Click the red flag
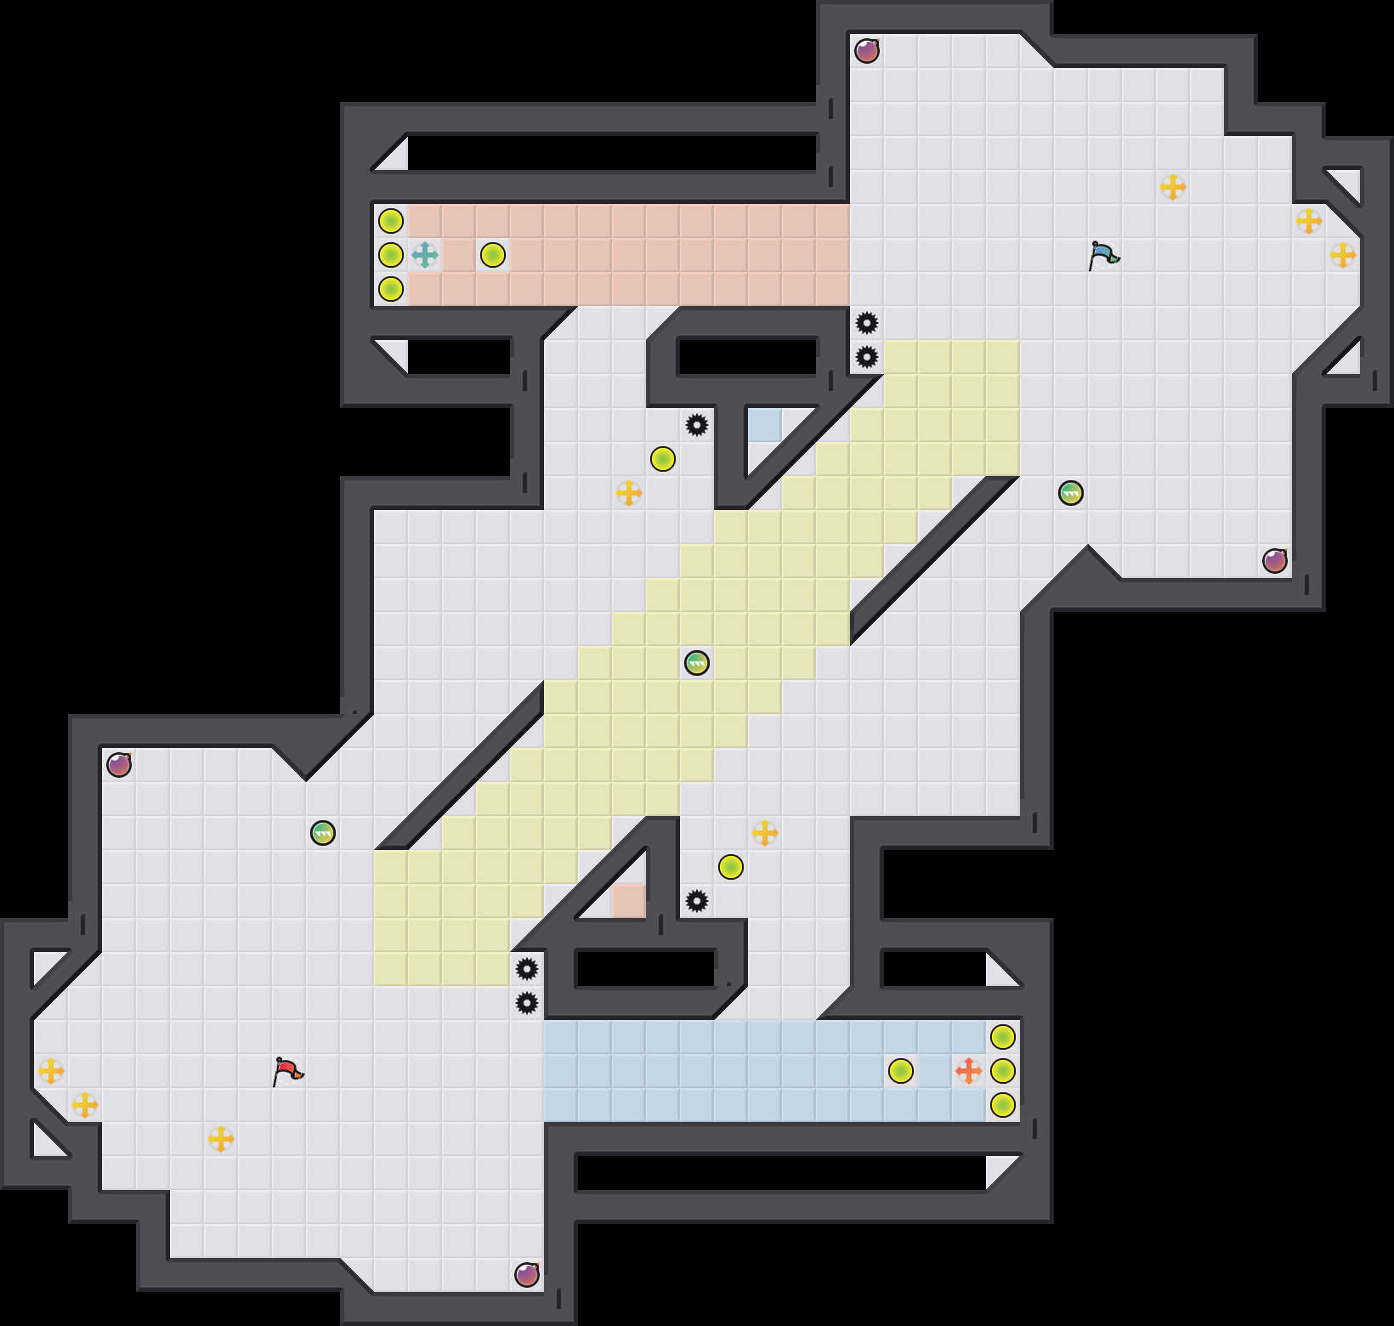pyautogui.click(x=287, y=1071)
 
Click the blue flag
pyautogui.click(x=1103, y=255)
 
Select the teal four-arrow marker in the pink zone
pyautogui.click(x=424, y=254)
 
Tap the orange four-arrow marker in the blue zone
pyautogui.click(x=968, y=1070)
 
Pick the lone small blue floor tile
pyautogui.click(x=764, y=424)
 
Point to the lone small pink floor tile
pyautogui.click(x=628, y=900)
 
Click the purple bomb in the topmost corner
pyautogui.click(x=866, y=51)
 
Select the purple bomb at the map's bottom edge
pyautogui.click(x=527, y=1275)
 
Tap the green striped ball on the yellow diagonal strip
pyautogui.click(x=696, y=662)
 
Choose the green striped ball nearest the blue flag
pyautogui.click(x=1070, y=492)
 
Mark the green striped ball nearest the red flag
pyautogui.click(x=322, y=832)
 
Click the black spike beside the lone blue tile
pyautogui.click(x=696, y=424)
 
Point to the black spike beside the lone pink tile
pyautogui.click(x=696, y=900)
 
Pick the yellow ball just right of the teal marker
pyautogui.click(x=492, y=254)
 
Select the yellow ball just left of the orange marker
pyautogui.click(x=900, y=1070)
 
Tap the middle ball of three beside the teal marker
pyautogui.click(x=390, y=254)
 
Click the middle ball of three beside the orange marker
pyautogui.click(x=1002, y=1070)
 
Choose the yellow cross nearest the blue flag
pyautogui.click(x=1172, y=186)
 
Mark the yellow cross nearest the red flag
pyautogui.click(x=220, y=1138)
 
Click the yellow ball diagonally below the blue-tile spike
pyautogui.click(x=662, y=458)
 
